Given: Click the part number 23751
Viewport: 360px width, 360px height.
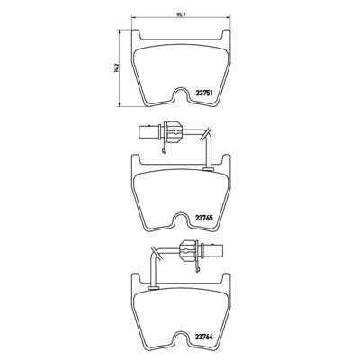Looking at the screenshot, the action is (204, 93).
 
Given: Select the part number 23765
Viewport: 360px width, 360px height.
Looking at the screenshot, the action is (204, 219).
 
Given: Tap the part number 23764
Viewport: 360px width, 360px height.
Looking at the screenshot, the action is (204, 337).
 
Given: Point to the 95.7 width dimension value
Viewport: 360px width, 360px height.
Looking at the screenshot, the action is (181, 13).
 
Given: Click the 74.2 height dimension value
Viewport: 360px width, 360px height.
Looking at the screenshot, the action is (115, 68).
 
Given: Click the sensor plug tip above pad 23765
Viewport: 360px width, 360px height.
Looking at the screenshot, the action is (148, 131).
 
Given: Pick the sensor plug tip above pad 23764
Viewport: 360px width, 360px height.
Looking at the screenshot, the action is (214, 250).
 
